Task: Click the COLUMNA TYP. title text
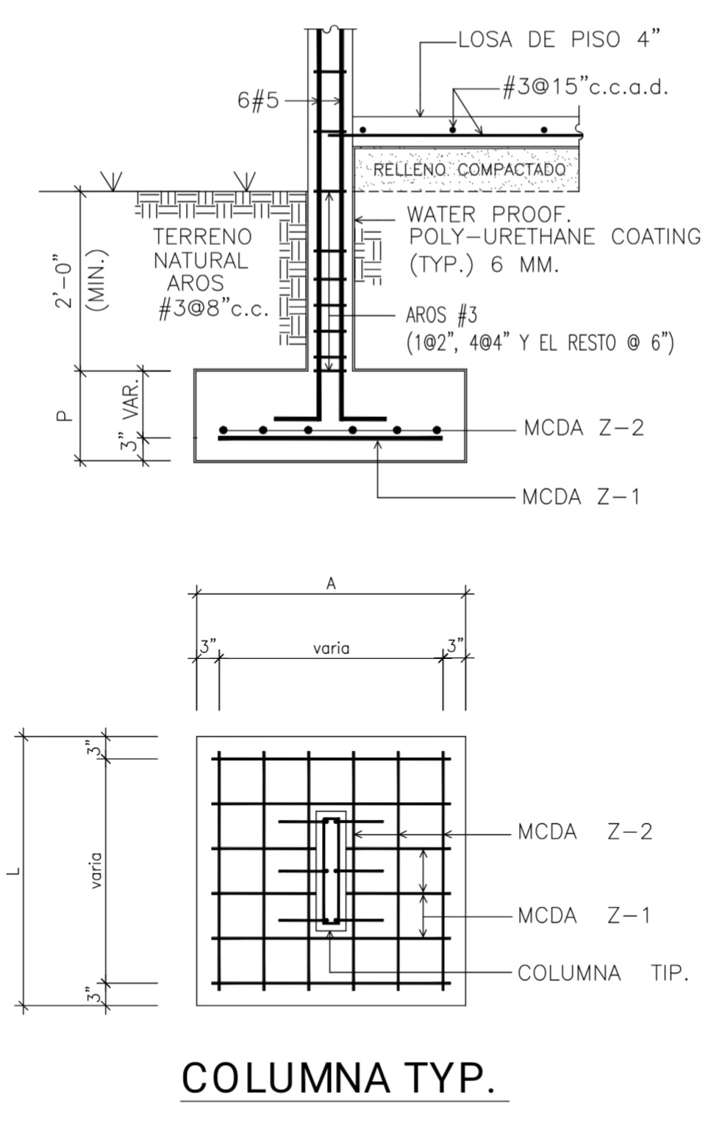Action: (338, 1078)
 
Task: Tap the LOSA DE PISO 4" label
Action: (559, 40)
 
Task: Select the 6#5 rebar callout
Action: (258, 100)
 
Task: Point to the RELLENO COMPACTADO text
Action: (469, 169)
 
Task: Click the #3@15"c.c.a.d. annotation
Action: (585, 88)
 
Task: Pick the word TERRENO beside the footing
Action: (202, 236)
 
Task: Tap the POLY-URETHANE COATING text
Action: (554, 236)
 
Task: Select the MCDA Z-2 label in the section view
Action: (584, 428)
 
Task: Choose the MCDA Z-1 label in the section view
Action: (581, 496)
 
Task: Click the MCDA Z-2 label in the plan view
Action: (585, 832)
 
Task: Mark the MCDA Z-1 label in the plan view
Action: (584, 915)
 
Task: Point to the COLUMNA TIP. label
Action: (603, 972)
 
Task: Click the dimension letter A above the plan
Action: (330, 583)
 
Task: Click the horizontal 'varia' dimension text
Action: (331, 648)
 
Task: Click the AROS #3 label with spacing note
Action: (540, 329)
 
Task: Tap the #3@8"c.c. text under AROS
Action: (213, 308)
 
